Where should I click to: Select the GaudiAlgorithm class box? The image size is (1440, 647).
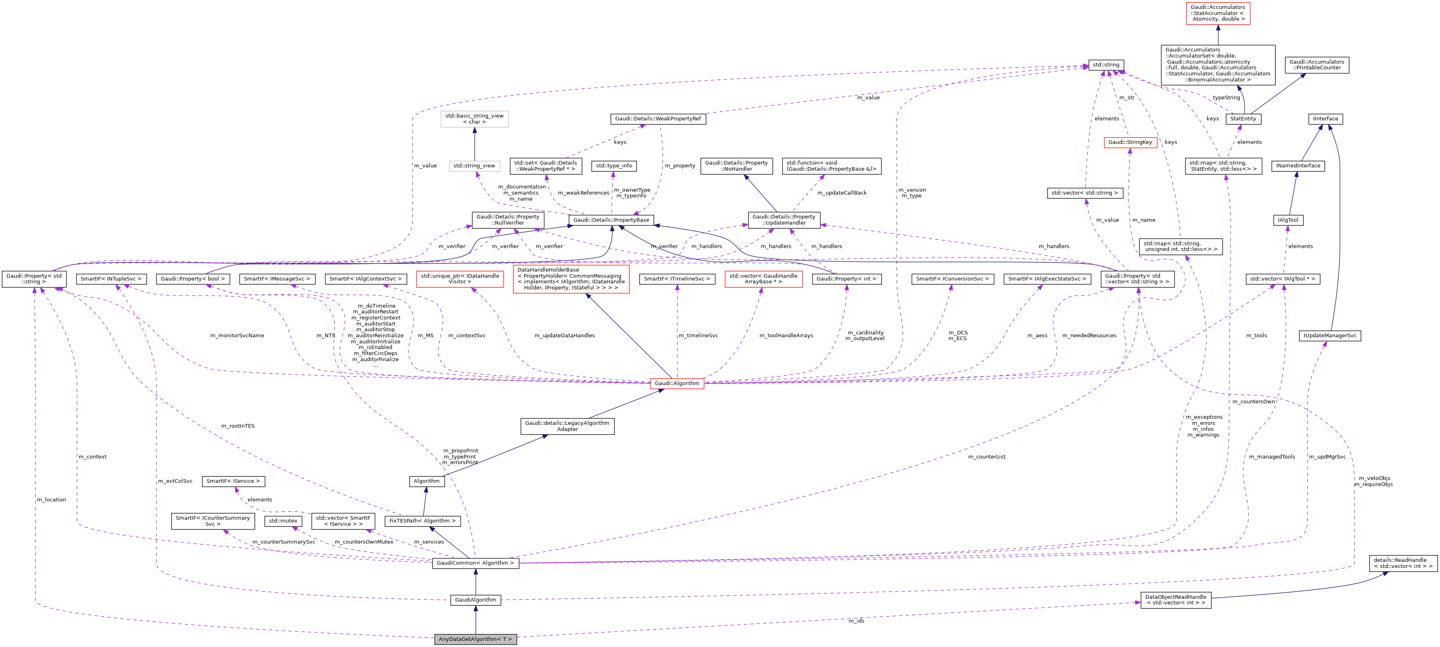[475, 600]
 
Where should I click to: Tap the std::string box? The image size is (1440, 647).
[1106, 65]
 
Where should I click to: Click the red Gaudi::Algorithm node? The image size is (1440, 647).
[676, 383]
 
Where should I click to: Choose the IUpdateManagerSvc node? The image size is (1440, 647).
[1330, 336]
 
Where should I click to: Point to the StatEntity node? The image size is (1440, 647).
[1243, 118]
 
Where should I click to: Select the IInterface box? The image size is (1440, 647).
[1325, 118]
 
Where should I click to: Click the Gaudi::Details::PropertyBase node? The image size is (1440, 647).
[611, 220]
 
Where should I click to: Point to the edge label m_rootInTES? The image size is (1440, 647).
[238, 426]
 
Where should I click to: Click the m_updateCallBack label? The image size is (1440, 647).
[842, 193]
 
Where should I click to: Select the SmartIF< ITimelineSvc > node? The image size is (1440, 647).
[677, 279]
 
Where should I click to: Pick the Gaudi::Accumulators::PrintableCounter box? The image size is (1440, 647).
[1316, 65]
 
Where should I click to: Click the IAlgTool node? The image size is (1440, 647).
[1288, 220]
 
